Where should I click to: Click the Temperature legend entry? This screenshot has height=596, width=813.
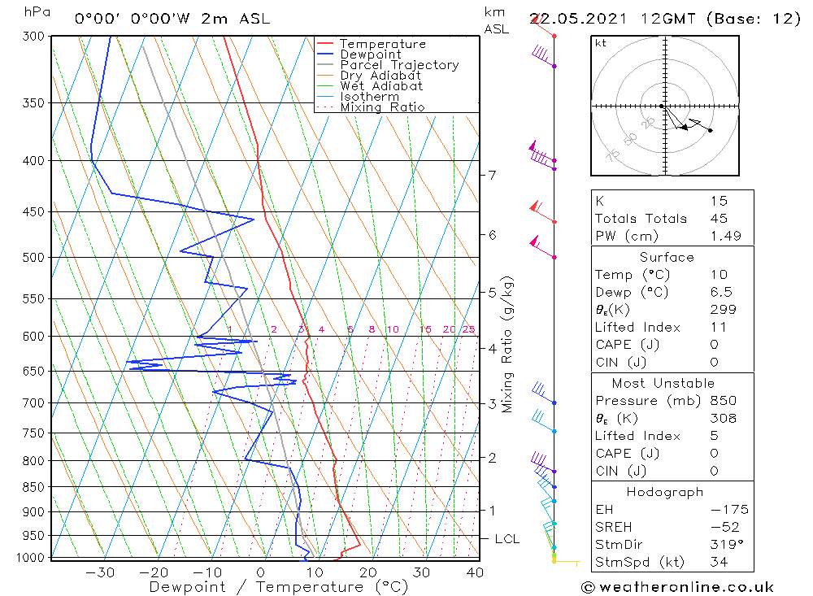382,44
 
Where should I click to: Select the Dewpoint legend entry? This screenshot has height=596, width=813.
370,54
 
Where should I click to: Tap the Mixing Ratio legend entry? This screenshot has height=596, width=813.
382,107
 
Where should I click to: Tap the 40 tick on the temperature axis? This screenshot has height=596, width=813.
474,572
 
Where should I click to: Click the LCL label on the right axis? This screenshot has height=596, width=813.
506,539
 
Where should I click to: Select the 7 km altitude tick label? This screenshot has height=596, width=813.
492,175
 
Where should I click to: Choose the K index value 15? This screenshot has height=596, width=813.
718,201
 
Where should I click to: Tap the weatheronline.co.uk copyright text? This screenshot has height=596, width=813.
677,587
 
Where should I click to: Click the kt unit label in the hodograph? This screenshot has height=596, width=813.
601,43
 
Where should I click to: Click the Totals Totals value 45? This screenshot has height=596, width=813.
718,218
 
